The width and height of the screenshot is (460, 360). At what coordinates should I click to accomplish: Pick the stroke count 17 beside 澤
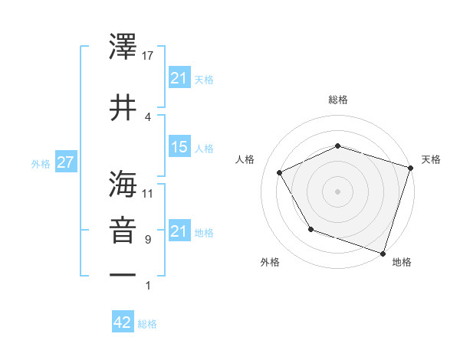point(149,56)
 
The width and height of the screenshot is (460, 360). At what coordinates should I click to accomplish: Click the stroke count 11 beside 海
point(149,192)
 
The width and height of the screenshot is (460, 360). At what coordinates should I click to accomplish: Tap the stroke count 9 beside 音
point(148,240)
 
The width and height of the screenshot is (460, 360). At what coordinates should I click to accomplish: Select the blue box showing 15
point(179,147)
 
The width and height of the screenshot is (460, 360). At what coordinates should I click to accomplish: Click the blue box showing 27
point(65,163)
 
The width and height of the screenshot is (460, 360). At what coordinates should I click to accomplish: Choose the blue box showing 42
point(122,322)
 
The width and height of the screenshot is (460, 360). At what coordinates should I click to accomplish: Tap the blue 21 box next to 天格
point(179,78)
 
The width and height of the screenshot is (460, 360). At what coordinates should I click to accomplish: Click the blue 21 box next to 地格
point(179,231)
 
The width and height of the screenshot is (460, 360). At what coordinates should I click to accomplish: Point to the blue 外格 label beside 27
point(40,163)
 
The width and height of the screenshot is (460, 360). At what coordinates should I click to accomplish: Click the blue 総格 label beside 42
point(148,323)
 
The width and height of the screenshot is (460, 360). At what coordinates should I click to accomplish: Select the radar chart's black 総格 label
point(338,100)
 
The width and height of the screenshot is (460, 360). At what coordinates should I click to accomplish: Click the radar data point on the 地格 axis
point(382,252)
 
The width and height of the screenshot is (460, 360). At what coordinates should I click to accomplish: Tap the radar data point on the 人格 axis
point(280,172)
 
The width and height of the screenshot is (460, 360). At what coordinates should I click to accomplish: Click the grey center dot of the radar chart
point(338,191)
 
